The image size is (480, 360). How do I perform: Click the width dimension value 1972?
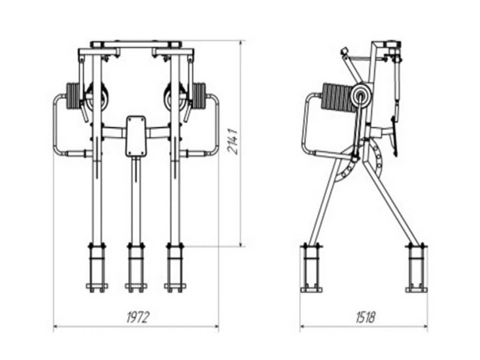(137, 317)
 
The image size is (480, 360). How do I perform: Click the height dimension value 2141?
(232, 141)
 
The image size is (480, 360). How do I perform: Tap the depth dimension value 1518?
(365, 317)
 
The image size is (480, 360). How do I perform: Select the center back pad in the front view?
(136, 136)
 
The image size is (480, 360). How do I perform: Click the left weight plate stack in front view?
(73, 96)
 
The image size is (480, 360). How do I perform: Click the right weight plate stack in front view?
(199, 95)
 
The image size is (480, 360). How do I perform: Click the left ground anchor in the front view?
(97, 267)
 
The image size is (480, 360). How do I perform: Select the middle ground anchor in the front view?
(136, 267)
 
